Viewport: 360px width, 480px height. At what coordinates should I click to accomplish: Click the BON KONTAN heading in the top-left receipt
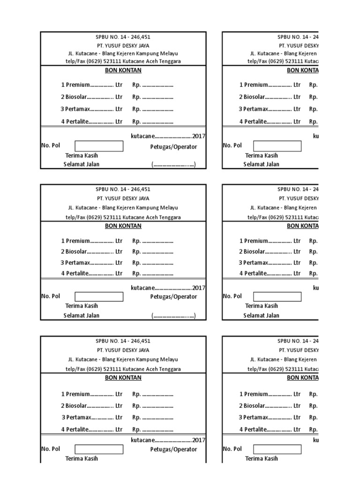123,70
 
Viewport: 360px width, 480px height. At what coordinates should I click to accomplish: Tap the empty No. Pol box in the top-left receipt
99,146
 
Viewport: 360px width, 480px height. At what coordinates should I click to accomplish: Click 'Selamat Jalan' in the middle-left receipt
82,315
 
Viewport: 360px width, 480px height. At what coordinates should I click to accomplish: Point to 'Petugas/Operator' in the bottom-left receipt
173,449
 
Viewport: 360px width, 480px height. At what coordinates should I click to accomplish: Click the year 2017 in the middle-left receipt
199,288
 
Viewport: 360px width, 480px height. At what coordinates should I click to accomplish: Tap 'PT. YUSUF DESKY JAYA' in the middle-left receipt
123,198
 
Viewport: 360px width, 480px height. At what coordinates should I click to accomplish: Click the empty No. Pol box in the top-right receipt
277,146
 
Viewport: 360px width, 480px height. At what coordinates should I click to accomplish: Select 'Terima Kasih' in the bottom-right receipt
262,458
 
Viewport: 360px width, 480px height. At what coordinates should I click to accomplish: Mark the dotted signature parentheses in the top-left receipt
173,165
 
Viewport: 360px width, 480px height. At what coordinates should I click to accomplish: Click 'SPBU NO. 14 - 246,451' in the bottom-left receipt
123,341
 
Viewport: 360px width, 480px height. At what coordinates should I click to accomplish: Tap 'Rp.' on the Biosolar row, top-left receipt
136,97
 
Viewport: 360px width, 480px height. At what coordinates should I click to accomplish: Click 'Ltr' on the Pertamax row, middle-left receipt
119,262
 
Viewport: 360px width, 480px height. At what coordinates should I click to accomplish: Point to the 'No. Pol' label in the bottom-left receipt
51,449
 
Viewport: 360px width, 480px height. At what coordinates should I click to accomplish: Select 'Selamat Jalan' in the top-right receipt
261,164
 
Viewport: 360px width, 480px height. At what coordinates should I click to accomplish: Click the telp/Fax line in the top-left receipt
123,61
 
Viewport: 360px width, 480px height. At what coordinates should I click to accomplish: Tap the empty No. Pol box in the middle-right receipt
277,297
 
